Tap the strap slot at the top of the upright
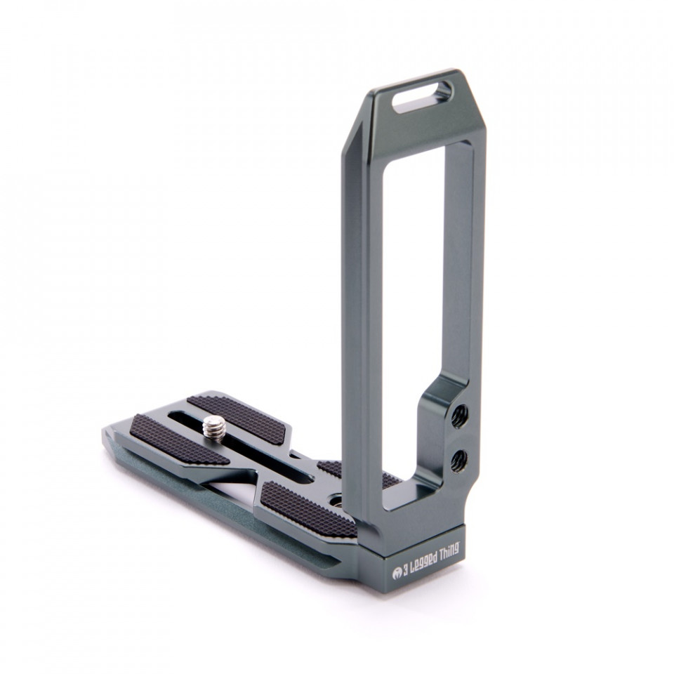(422, 97)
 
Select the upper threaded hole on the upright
(461, 415)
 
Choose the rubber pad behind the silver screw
(237, 416)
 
